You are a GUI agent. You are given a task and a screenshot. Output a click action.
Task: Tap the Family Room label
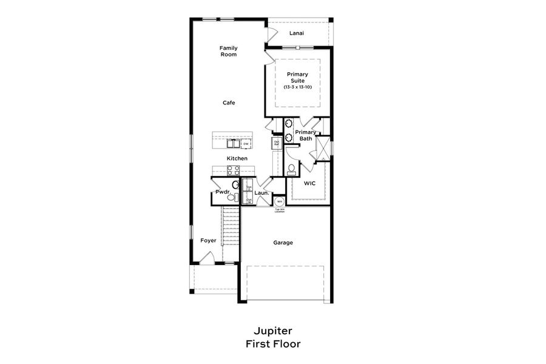228,51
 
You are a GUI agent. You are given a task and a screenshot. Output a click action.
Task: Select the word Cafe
228,103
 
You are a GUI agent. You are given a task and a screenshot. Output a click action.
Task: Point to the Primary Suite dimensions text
297,87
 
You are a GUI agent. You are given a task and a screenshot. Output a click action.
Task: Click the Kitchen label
237,158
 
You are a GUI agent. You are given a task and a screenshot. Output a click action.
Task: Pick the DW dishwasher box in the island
246,144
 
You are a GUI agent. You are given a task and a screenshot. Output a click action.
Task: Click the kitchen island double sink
233,144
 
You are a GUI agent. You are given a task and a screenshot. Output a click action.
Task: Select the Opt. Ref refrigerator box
276,143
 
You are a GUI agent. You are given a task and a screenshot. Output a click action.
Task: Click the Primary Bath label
306,135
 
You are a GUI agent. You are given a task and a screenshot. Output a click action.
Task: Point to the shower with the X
323,148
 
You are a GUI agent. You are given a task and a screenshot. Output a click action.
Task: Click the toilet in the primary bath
291,168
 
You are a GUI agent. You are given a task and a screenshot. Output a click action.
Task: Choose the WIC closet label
309,183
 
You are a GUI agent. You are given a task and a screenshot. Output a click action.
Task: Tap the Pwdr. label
221,192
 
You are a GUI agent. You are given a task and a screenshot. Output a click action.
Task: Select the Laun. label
261,193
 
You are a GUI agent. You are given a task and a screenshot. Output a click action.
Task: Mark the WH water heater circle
280,201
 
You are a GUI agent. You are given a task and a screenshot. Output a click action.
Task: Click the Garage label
283,243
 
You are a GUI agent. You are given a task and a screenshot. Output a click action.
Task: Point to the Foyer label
208,240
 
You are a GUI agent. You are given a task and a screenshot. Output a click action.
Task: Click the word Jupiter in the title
272,331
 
